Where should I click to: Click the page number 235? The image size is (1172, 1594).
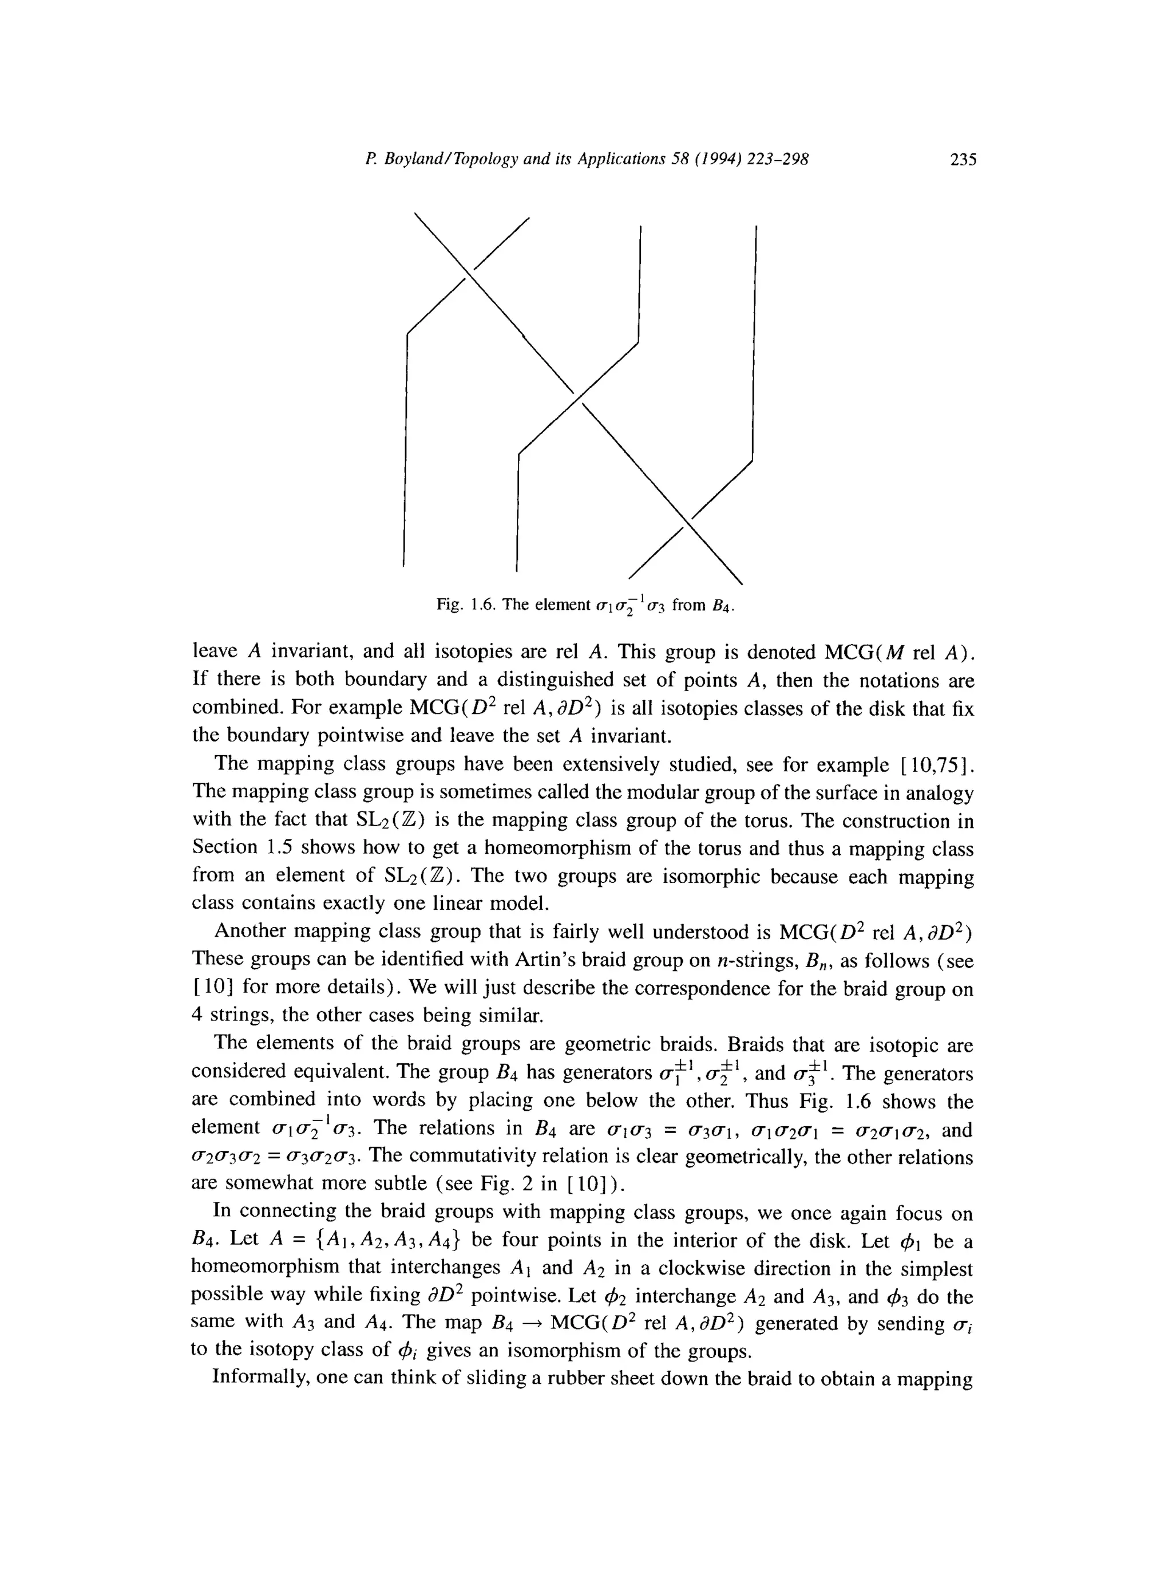963,160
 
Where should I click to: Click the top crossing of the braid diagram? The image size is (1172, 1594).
468,274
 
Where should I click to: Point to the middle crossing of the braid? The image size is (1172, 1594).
577,397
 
